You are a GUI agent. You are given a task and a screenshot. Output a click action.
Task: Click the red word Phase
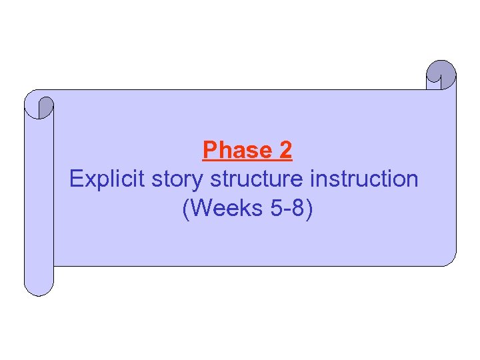(x=235, y=150)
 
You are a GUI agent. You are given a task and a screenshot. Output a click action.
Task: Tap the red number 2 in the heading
(x=285, y=150)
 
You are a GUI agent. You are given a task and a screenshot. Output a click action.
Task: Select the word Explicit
(x=108, y=179)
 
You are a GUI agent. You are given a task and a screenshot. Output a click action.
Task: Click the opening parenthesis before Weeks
(x=185, y=209)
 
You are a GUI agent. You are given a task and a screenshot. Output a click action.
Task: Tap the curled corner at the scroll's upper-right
(x=441, y=74)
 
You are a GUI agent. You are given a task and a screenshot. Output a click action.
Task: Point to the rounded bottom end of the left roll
(x=39, y=287)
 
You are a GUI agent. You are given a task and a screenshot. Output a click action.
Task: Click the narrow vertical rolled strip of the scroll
(x=39, y=200)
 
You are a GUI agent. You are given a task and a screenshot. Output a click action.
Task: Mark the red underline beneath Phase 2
(x=247, y=161)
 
